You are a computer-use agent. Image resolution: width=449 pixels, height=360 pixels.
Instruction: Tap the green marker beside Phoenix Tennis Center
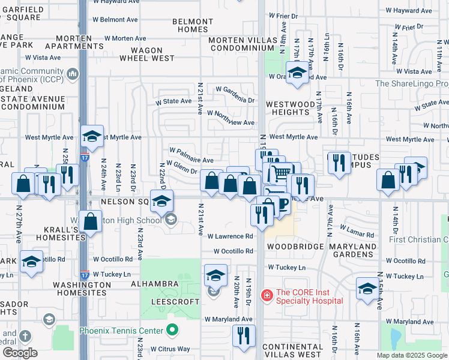coord(172,331)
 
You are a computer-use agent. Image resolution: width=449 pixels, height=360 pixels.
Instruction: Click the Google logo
coord(20,352)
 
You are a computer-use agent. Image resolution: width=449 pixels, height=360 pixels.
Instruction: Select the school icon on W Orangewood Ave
coord(297,73)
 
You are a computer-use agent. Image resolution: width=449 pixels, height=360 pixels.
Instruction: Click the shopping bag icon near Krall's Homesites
coord(90,221)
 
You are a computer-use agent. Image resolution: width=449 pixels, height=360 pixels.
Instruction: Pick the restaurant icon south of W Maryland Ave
coord(244,335)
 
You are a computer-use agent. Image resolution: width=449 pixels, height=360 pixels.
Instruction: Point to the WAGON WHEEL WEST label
coord(147,55)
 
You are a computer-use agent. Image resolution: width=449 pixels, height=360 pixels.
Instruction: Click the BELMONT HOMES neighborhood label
coord(193,25)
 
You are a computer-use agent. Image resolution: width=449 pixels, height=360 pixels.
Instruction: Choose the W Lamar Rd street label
coord(357,231)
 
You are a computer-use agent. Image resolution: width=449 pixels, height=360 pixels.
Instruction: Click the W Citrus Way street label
coord(170,349)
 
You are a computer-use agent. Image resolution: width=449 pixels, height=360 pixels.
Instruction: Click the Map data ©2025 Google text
coord(411,355)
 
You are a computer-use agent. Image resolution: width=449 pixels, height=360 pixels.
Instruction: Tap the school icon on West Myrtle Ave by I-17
coord(92,136)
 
